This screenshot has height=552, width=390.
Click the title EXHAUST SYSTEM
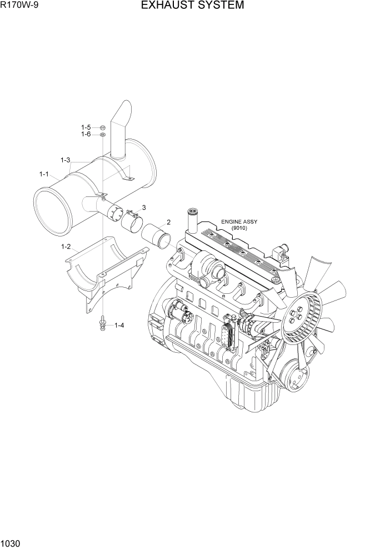[192, 6]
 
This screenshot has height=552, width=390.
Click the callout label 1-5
[86, 127]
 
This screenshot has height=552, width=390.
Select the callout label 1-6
[86, 135]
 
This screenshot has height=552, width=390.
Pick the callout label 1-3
[66, 160]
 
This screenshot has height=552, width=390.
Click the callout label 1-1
[44, 174]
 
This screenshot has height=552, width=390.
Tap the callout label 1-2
[66, 247]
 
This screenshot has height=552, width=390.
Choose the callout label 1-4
[119, 326]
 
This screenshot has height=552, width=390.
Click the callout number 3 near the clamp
[143, 208]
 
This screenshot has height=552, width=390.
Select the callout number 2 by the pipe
[168, 223]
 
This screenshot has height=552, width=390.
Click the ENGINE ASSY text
[239, 221]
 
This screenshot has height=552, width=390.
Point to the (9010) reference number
[239, 228]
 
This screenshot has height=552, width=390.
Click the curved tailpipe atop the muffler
[120, 128]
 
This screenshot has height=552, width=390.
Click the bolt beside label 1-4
[103, 323]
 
